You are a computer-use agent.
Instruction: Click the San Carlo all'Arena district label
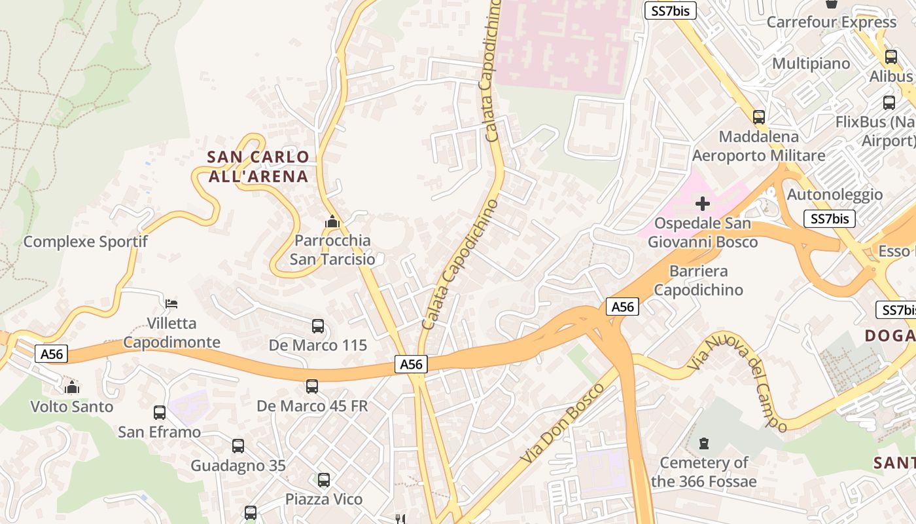(258, 166)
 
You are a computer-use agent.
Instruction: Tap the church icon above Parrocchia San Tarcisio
(332, 222)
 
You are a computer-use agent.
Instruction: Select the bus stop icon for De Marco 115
(318, 326)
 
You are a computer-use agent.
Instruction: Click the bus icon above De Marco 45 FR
(312, 386)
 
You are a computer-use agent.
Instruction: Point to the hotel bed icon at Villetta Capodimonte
(171, 303)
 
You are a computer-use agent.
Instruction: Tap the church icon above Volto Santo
(72, 387)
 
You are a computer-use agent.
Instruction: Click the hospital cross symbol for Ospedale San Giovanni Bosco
(703, 204)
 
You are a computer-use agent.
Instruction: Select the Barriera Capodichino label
(699, 280)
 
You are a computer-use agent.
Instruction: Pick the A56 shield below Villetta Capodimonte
(52, 354)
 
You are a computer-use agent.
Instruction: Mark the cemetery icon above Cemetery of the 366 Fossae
(704, 443)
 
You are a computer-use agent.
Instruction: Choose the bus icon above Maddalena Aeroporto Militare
(759, 117)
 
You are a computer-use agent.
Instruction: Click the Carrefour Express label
(831, 22)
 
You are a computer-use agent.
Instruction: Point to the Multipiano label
(811, 64)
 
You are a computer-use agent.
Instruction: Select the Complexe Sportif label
(86, 242)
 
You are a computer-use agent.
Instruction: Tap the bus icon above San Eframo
(160, 413)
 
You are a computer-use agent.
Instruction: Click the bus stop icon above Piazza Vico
(324, 480)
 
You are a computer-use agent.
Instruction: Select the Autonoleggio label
(834, 195)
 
